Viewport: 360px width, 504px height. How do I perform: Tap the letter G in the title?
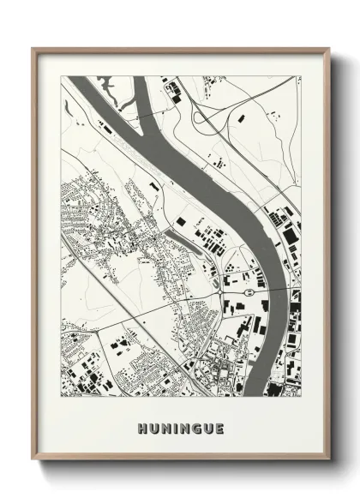click(x=199, y=429)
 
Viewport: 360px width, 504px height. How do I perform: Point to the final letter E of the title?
click(x=220, y=429)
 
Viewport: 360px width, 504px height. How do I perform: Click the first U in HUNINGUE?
click(x=152, y=429)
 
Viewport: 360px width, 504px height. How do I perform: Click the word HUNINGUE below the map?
click(x=180, y=429)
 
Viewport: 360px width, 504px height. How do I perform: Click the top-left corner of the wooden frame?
click(x=33, y=49)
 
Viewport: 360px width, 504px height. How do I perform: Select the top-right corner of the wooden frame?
click(x=330, y=49)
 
